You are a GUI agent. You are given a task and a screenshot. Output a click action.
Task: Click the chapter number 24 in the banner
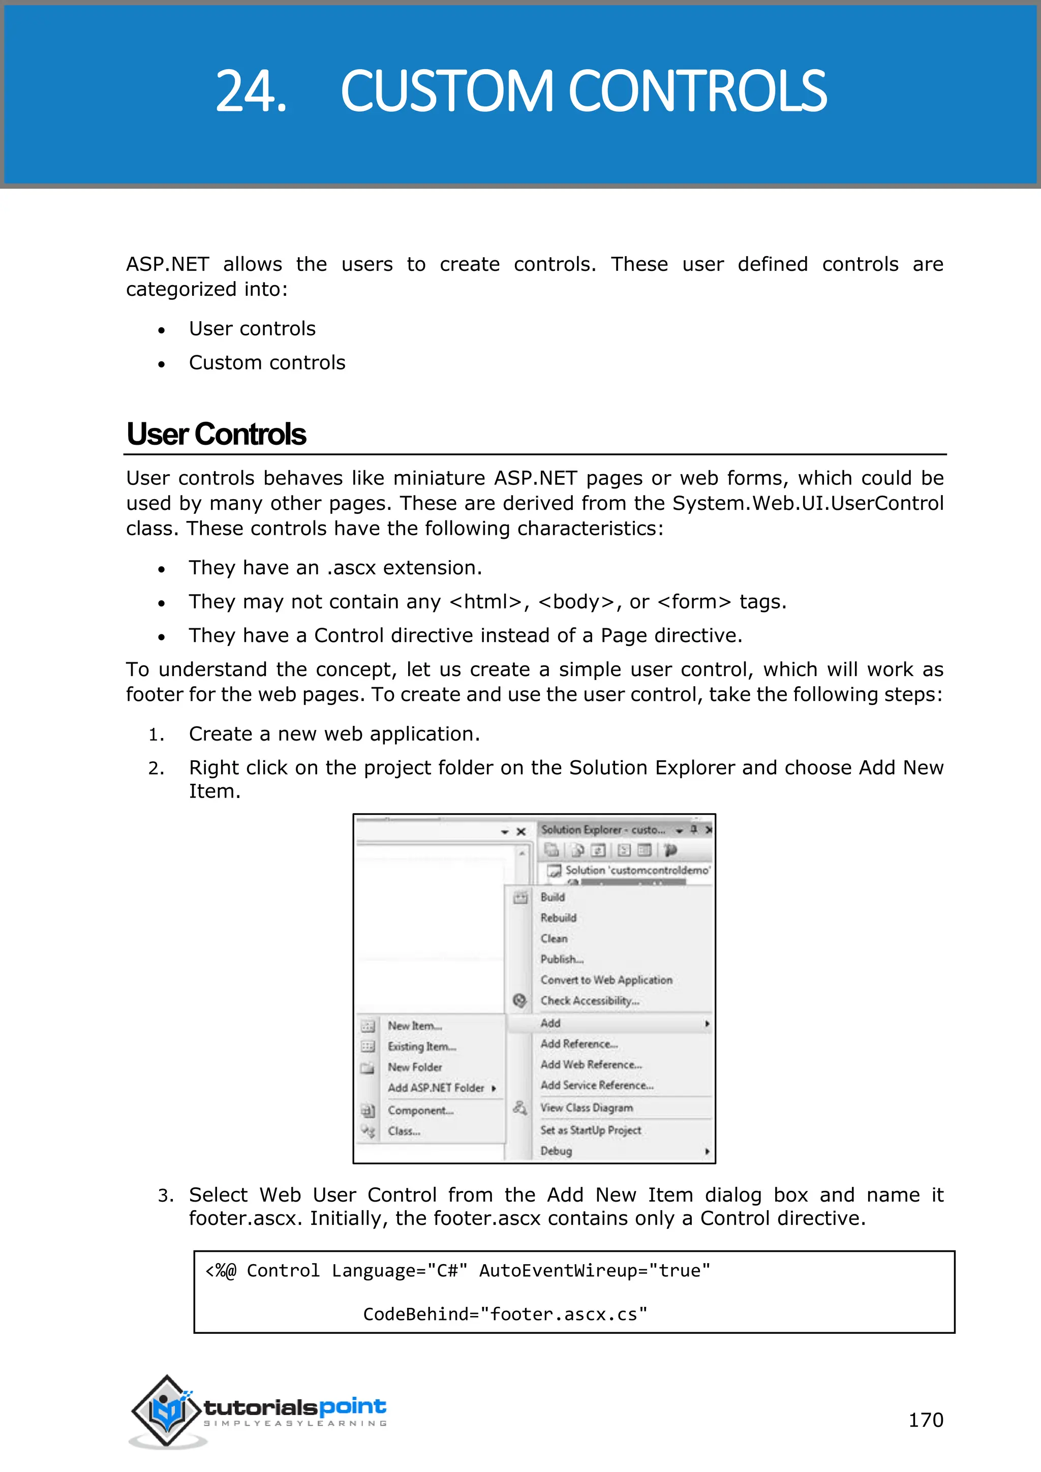coord(251,91)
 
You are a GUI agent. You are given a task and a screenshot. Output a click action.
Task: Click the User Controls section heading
coord(216,434)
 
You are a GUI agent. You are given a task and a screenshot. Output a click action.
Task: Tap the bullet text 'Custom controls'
coord(267,363)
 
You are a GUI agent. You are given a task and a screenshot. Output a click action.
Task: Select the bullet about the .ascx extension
coord(334,568)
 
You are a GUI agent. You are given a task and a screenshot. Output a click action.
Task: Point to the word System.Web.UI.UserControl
coord(807,503)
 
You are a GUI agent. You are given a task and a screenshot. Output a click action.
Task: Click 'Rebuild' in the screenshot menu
coord(558,917)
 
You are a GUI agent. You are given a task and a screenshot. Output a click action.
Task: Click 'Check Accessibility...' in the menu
coord(589,1001)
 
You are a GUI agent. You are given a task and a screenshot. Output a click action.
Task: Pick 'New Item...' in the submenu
coord(414,1026)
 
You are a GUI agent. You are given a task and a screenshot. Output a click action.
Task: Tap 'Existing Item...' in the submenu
coord(421,1046)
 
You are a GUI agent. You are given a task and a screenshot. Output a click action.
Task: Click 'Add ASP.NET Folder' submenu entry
coord(436,1088)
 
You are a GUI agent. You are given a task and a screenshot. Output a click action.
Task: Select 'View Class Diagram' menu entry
coord(586,1108)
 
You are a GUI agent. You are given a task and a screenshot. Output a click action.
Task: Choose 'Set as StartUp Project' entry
coord(590,1130)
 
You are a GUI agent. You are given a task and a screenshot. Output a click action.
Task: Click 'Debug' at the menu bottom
coord(556,1151)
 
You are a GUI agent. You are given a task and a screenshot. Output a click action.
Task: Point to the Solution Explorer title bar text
coord(602,830)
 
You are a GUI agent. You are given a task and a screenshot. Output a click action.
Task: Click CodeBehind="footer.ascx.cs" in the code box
coord(505,1314)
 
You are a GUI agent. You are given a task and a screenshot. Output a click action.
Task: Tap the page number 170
coord(925,1420)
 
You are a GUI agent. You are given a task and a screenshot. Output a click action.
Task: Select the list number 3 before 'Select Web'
coord(165,1195)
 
